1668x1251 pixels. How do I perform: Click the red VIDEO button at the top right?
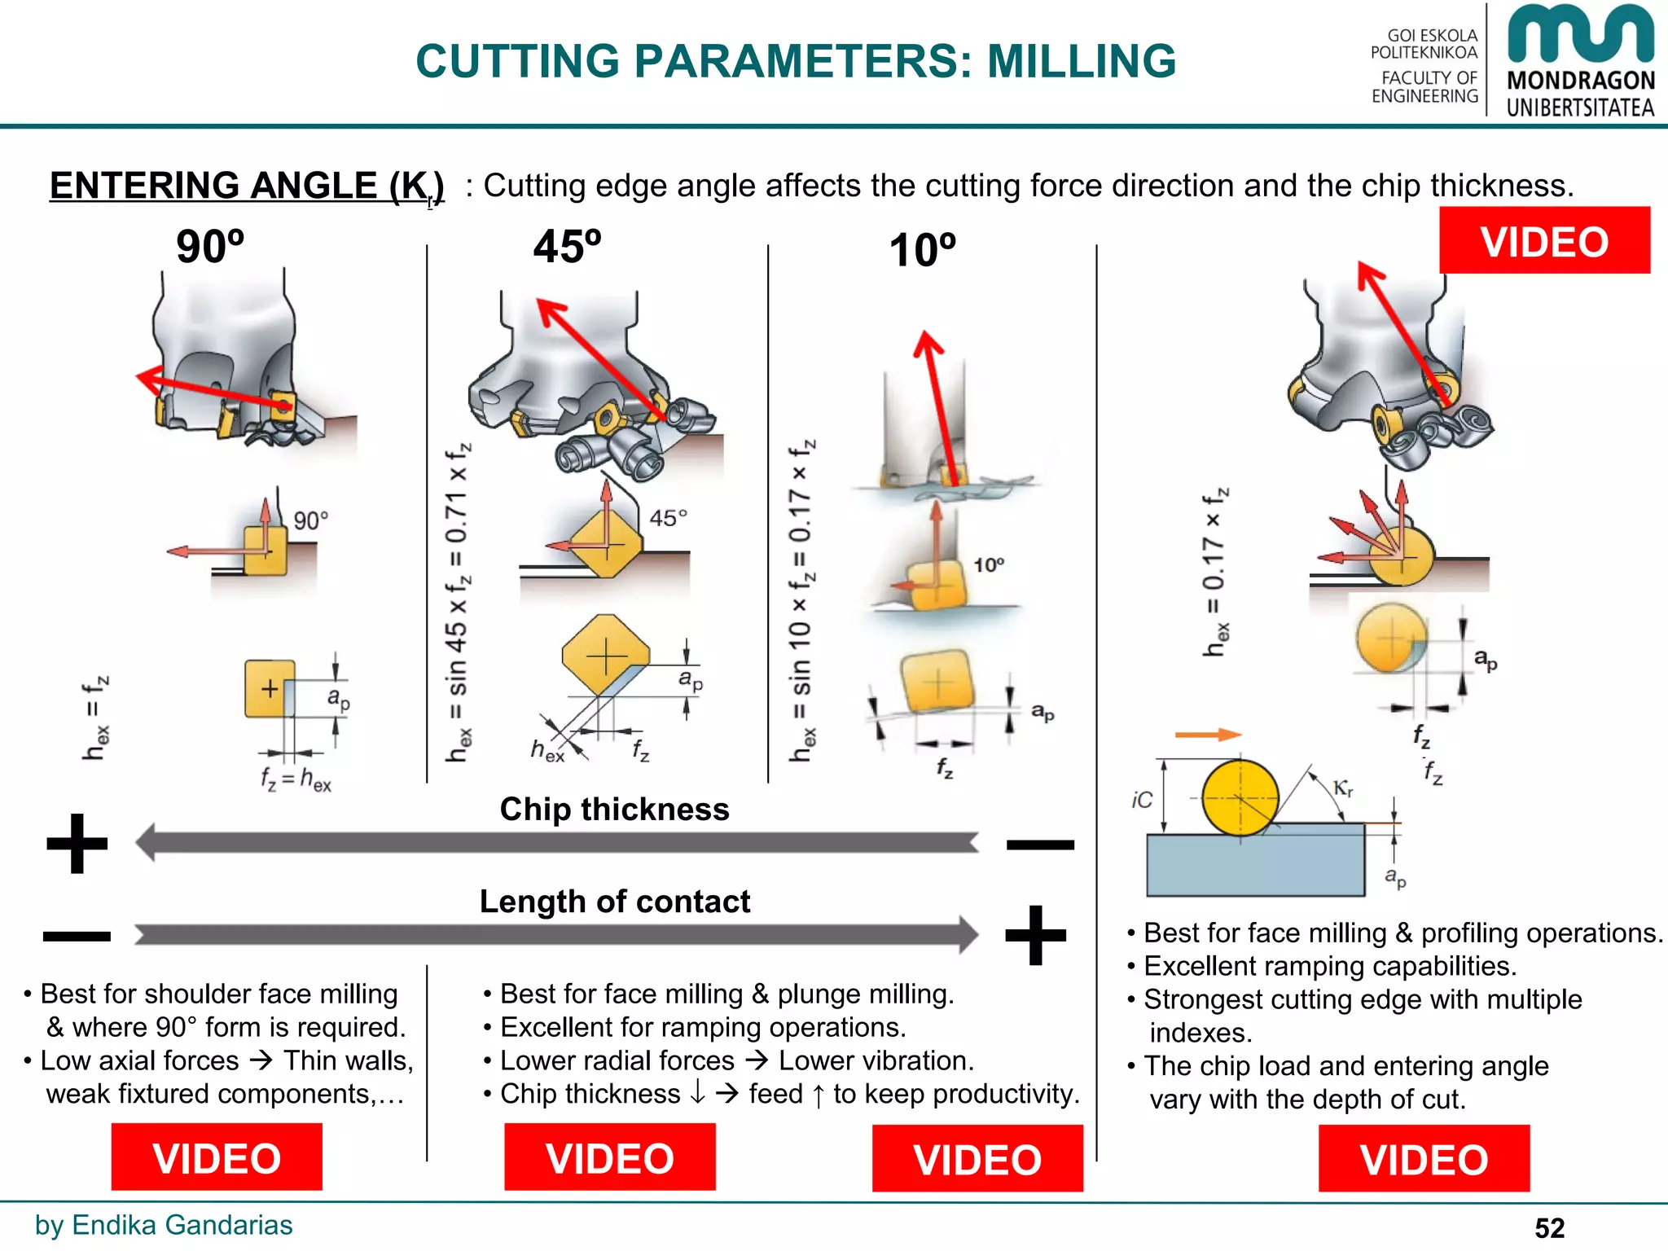coord(1543,241)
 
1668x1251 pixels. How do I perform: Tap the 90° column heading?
coord(210,247)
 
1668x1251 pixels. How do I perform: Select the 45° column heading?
coord(567,247)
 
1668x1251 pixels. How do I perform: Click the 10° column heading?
coord(922,250)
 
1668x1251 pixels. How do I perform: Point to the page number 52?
coord(1549,1227)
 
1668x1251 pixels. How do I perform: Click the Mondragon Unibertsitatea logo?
coord(1579,61)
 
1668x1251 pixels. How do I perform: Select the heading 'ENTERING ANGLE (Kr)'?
coord(247,187)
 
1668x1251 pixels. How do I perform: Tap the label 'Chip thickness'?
coord(614,810)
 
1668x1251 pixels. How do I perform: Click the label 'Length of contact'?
coord(614,902)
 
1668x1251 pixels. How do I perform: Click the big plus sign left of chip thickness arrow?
coord(77,844)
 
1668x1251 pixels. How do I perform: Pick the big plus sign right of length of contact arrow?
coord(1035,935)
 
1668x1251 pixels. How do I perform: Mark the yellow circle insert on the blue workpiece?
coord(1240,798)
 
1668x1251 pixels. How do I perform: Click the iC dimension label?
coord(1142,801)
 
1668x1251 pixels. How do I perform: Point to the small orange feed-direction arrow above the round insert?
coord(1207,735)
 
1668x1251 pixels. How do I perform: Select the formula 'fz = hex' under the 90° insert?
coord(296,779)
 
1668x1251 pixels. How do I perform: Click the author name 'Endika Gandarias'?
coord(182,1225)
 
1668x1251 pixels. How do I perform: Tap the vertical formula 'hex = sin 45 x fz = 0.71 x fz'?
coord(458,603)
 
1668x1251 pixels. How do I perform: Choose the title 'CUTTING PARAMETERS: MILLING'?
coord(796,61)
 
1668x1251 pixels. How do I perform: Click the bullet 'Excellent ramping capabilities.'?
coord(1329,966)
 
